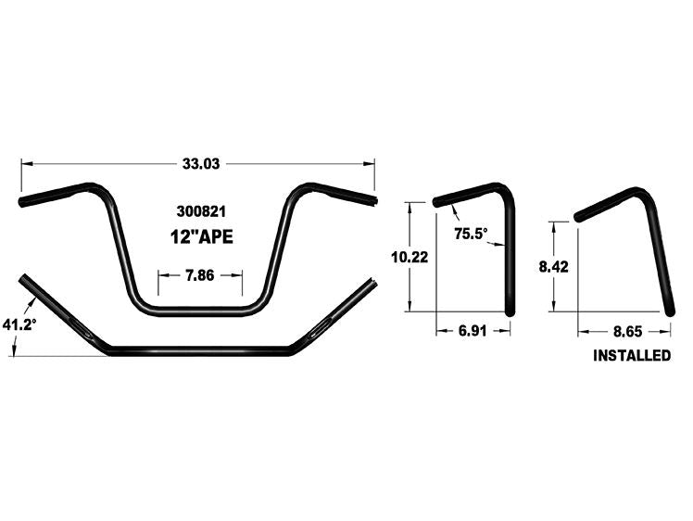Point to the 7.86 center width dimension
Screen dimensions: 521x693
coord(200,274)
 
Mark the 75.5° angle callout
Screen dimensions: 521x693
coord(471,234)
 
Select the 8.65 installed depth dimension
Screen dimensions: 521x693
coord(624,328)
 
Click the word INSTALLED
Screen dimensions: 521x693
coord(631,355)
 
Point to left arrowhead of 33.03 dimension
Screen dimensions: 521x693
coord(25,163)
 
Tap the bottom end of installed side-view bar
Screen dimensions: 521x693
coord(669,313)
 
